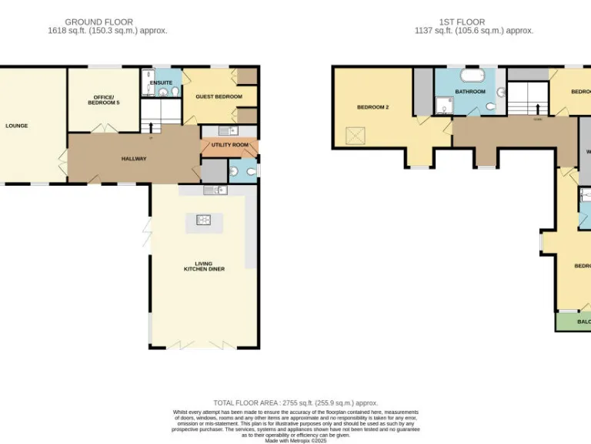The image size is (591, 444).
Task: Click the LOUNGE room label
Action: coord(16,126)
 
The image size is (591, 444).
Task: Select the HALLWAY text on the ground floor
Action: coord(133,159)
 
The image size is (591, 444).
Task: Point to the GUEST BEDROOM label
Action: coord(219,96)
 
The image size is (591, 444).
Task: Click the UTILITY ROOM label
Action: coord(229,145)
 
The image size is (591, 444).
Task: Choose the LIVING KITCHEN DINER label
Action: coord(204,266)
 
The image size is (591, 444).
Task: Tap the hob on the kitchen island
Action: coord(204,220)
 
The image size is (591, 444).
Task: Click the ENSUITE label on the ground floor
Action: coord(161,82)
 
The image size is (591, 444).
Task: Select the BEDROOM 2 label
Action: coord(372,107)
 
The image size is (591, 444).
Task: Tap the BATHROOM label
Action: coord(469,92)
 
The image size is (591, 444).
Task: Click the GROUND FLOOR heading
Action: coord(98,22)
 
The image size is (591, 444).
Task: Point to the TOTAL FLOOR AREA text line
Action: coord(295,403)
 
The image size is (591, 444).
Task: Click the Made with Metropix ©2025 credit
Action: coord(295,441)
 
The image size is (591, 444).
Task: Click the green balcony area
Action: coord(573,321)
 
